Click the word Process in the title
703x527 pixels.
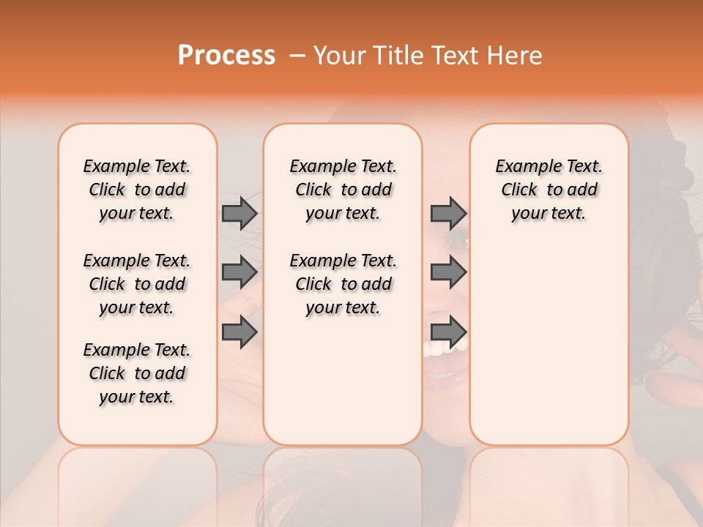point(226,56)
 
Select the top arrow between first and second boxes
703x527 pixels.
point(239,213)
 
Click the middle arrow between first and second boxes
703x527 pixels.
point(239,272)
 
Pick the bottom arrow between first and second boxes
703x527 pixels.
point(239,332)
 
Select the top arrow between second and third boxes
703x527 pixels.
point(448,213)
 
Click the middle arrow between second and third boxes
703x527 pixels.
point(448,272)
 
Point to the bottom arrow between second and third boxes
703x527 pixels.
point(448,332)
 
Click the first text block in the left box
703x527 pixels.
point(137,190)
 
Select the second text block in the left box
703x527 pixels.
point(137,284)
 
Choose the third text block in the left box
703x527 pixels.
point(137,373)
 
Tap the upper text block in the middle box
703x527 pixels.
point(343,190)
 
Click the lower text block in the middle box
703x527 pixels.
point(343,284)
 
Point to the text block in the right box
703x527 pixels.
point(548,190)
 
